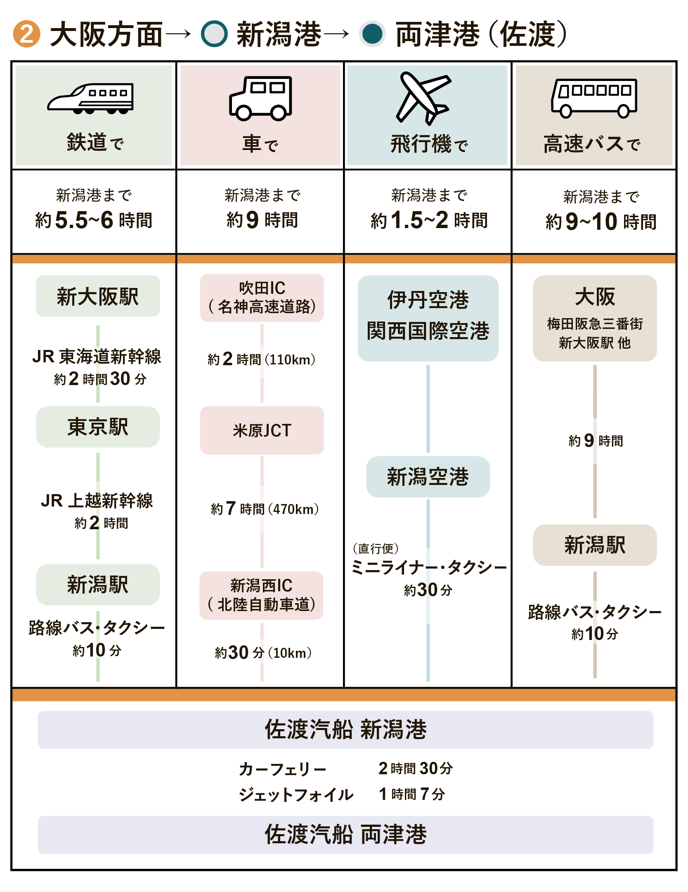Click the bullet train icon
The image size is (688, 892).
coord(90,98)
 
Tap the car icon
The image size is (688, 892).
coord(261,98)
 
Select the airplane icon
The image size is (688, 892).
coord(423,98)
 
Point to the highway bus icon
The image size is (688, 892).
coord(594,98)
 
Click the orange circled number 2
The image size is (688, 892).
coord(26,34)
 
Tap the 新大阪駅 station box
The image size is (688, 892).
coord(98,296)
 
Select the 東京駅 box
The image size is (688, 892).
coord(98,427)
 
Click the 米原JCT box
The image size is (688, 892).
coord(262,431)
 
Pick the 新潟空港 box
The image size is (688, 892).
coord(428,477)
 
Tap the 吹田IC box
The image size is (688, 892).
coord(262,297)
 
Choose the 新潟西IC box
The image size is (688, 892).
coord(261,595)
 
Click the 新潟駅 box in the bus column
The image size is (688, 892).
coord(595,545)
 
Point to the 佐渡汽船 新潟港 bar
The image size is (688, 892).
coord(345,730)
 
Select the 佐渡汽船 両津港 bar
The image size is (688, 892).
coord(345,835)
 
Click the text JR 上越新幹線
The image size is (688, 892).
coord(97,501)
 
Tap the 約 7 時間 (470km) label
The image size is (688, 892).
coord(265,509)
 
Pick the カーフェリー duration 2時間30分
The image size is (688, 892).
coord(416,768)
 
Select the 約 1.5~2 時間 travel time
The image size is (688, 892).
coord(429,220)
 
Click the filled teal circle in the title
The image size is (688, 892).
coord(373,34)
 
